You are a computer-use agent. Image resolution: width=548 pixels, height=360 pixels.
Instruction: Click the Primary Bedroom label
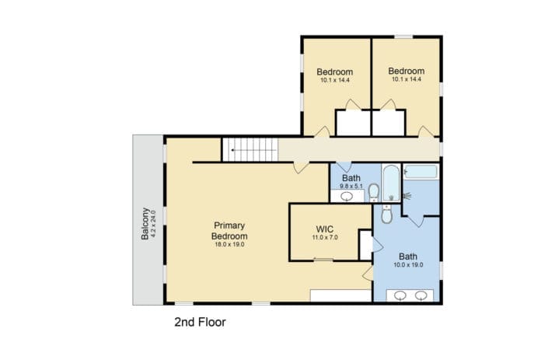(229, 231)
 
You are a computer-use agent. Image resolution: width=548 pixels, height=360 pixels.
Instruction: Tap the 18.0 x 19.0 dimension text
(229, 245)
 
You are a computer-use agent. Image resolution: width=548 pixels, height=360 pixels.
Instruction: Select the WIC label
(325, 229)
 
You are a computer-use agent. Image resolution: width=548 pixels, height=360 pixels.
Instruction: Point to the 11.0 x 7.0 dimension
(325, 238)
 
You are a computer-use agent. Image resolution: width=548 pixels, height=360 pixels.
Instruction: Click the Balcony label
(145, 224)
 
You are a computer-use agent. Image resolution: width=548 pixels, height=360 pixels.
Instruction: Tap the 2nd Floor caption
(200, 322)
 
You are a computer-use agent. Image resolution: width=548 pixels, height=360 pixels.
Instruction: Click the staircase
(250, 150)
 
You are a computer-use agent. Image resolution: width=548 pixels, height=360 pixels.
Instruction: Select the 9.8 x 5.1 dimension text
(351, 187)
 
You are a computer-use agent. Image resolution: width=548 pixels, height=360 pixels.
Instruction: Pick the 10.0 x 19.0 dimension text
(408, 265)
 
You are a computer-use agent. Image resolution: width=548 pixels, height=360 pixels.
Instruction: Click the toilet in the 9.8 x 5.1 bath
(374, 193)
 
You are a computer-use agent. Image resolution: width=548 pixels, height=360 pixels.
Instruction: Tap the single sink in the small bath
(347, 197)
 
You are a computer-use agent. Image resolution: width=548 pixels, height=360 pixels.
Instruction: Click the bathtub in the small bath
(391, 183)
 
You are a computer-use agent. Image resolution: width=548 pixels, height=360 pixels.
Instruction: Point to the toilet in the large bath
(386, 214)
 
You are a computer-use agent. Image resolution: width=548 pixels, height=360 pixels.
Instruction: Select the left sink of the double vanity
(400, 295)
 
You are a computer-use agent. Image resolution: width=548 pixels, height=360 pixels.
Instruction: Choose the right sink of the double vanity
(421, 295)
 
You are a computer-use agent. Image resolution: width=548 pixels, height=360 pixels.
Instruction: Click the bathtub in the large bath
(421, 172)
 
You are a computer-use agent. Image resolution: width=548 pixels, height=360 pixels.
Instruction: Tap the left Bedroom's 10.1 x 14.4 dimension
(335, 80)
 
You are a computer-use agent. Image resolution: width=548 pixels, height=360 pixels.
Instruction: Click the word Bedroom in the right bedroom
(407, 71)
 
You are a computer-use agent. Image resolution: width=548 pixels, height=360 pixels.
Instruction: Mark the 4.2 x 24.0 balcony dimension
(153, 224)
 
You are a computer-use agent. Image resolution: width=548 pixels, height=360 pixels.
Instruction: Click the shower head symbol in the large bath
(407, 196)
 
